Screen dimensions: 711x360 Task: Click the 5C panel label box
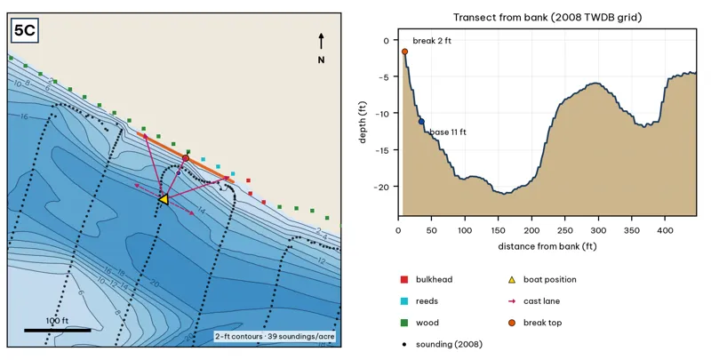25,30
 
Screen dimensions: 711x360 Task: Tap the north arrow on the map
321,41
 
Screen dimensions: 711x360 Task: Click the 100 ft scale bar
57,330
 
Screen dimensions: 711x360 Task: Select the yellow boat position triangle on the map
164,199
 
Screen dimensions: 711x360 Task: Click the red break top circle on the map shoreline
186,158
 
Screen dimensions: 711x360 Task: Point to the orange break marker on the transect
404,52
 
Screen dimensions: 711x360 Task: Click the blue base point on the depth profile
421,122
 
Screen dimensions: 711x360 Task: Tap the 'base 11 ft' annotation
448,132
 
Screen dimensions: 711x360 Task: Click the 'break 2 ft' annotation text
432,41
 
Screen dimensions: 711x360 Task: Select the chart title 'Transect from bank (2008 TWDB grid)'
547,18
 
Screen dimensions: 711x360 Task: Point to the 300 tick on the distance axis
598,230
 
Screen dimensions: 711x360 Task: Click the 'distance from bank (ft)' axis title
547,246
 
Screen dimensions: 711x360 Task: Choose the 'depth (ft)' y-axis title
363,123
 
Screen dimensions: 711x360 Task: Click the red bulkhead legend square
404,280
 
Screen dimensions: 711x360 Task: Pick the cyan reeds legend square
404,301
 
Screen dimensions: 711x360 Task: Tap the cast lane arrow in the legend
512,301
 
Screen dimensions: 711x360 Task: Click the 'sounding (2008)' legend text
449,344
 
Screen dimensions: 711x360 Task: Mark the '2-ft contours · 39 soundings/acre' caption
275,336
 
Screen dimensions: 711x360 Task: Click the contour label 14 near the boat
202,211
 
